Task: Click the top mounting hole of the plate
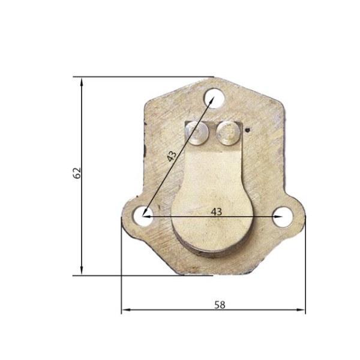(x=214, y=98)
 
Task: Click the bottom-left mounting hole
(x=143, y=216)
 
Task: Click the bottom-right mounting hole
(x=283, y=217)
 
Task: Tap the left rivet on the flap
(x=197, y=133)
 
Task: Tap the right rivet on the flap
(x=228, y=133)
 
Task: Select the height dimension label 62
(x=77, y=173)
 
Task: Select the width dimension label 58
(x=220, y=305)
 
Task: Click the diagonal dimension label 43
(x=172, y=156)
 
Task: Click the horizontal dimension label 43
(x=217, y=212)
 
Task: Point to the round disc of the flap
(x=212, y=220)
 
